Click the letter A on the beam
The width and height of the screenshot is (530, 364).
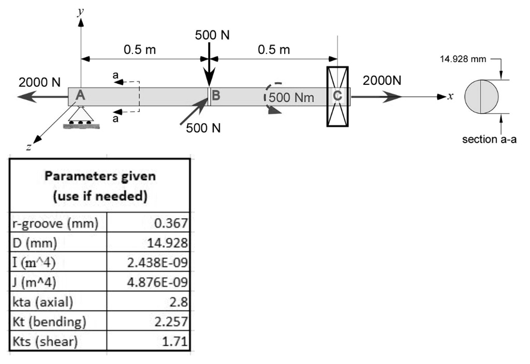tap(80, 95)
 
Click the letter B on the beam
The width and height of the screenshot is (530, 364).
tap(216, 96)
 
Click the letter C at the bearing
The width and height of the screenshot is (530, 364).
tap(337, 96)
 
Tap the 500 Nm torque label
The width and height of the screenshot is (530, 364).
tap(291, 98)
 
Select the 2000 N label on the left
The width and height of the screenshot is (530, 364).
tap(39, 82)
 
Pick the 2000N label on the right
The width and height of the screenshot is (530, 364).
tap(382, 80)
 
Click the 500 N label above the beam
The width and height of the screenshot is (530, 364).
tap(212, 35)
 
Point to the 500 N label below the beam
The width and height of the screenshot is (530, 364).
tap(203, 128)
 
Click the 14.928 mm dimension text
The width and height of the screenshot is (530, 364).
tap(463, 59)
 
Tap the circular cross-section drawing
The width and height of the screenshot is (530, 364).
tap(481, 97)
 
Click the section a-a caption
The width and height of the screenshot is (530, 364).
tap(489, 139)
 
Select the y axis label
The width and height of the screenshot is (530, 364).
tap(80, 12)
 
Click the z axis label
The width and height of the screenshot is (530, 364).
tap(29, 147)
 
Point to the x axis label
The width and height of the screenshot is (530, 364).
tap(450, 96)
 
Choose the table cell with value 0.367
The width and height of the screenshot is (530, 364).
tap(149, 223)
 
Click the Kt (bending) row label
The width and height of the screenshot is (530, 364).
tap(49, 322)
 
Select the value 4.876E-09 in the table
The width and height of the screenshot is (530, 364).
tap(149, 282)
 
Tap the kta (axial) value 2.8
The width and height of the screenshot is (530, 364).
tap(149, 301)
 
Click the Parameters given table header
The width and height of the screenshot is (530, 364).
tap(100, 186)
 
